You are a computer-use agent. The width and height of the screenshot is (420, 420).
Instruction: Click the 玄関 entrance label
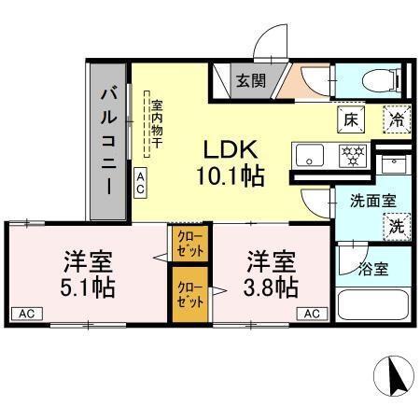(x=249, y=80)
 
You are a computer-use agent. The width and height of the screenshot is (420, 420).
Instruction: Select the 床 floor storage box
(x=350, y=119)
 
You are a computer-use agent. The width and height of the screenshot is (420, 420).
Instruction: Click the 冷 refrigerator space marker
(x=397, y=119)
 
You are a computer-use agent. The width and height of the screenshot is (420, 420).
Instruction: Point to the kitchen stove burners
(x=352, y=154)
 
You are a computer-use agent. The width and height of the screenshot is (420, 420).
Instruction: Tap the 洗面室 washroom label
(x=373, y=199)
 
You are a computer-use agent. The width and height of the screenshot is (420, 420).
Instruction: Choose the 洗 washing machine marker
(x=396, y=225)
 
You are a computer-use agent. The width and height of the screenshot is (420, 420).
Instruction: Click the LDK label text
(x=231, y=149)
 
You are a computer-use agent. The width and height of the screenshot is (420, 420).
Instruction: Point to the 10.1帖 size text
(x=230, y=175)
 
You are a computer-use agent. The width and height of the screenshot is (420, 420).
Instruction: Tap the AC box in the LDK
(x=140, y=182)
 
